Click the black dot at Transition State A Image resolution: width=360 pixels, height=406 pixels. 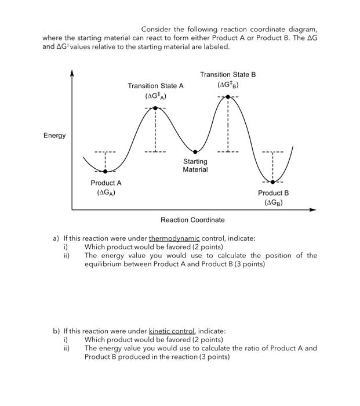(155, 108)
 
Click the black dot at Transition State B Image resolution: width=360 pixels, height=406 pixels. (228, 96)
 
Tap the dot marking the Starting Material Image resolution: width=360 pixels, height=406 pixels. (195, 152)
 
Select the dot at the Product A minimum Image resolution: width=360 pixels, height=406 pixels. (105, 171)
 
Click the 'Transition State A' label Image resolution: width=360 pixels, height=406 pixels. (155, 86)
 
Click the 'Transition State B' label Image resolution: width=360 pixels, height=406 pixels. (227, 75)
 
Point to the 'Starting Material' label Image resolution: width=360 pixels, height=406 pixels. (195, 165)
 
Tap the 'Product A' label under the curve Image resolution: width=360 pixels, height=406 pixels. (106, 183)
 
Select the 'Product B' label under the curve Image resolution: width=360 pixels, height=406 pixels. (273, 193)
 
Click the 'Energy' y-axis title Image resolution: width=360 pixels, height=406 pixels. (54, 136)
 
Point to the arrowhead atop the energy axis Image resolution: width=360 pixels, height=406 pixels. (72, 73)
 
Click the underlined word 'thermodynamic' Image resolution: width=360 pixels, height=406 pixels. (174, 238)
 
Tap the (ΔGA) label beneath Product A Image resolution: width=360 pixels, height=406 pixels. (106, 193)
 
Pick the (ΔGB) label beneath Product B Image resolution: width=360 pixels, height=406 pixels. (273, 202)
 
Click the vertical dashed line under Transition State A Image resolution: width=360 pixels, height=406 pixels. (155, 130)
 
